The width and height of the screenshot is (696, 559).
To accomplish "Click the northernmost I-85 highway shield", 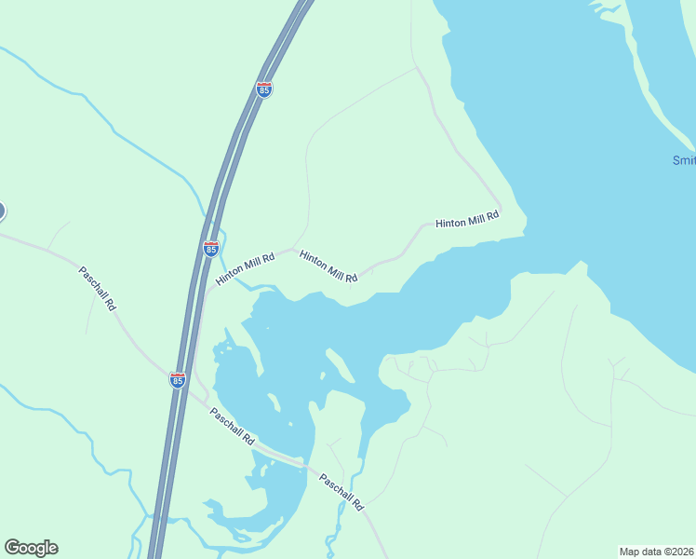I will click(x=264, y=89).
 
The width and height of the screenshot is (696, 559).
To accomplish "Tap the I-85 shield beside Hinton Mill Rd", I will click(x=211, y=249).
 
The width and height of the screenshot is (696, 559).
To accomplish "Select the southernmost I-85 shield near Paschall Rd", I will click(x=178, y=379).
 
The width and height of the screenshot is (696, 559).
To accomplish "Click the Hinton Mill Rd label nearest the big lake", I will click(x=467, y=220).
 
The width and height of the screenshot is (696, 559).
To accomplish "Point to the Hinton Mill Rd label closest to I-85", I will click(x=246, y=268).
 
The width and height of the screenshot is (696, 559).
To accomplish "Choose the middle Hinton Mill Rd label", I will click(x=328, y=266).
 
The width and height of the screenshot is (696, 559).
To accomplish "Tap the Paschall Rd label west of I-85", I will click(x=98, y=288).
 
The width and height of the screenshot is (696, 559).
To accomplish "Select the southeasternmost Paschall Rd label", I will click(x=341, y=492).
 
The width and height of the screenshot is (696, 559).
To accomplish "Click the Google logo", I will click(x=31, y=548).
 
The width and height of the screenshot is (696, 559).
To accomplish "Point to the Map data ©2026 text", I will click(x=657, y=552).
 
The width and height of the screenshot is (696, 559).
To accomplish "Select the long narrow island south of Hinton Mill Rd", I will click(x=338, y=364).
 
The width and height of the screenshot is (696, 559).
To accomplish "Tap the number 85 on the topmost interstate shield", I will click(x=264, y=90).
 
